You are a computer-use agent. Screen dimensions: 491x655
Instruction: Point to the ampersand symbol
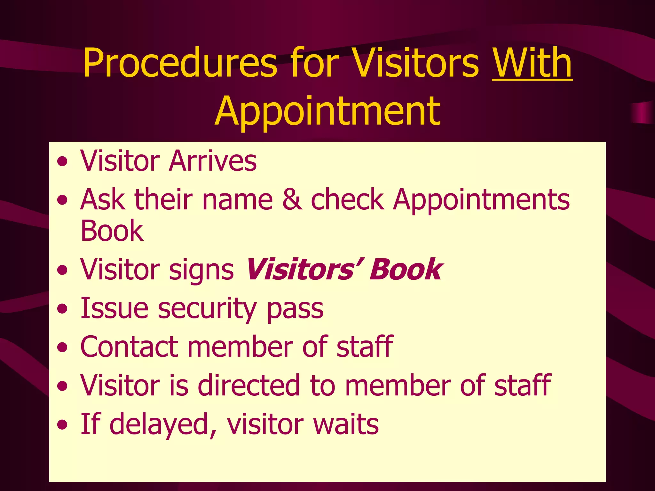pos(292,199)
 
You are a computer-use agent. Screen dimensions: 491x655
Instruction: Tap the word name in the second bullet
pos(237,200)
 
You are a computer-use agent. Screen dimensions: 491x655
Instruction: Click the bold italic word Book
pos(406,269)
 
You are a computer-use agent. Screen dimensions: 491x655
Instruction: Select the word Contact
pos(129,347)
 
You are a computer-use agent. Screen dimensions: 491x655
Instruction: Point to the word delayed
pos(163,425)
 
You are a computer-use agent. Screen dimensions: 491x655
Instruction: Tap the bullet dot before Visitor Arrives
pos(63,162)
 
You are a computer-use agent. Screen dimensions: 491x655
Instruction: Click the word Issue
pos(114,308)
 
